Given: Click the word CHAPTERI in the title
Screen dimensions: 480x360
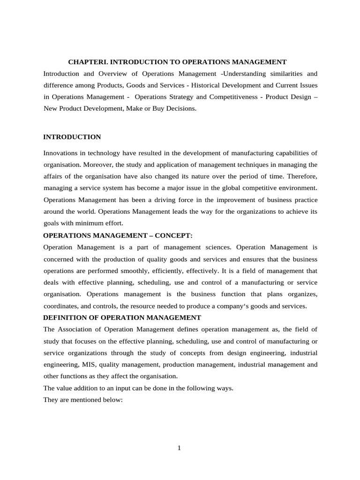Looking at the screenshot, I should tap(87, 62).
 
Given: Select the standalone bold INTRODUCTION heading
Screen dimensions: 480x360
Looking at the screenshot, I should tap(72, 137).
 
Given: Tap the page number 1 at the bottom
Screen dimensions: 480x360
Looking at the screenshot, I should tap(179, 448).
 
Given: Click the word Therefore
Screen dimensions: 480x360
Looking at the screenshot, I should tap(302, 176).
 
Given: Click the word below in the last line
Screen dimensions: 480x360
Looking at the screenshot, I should tap(112, 399).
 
